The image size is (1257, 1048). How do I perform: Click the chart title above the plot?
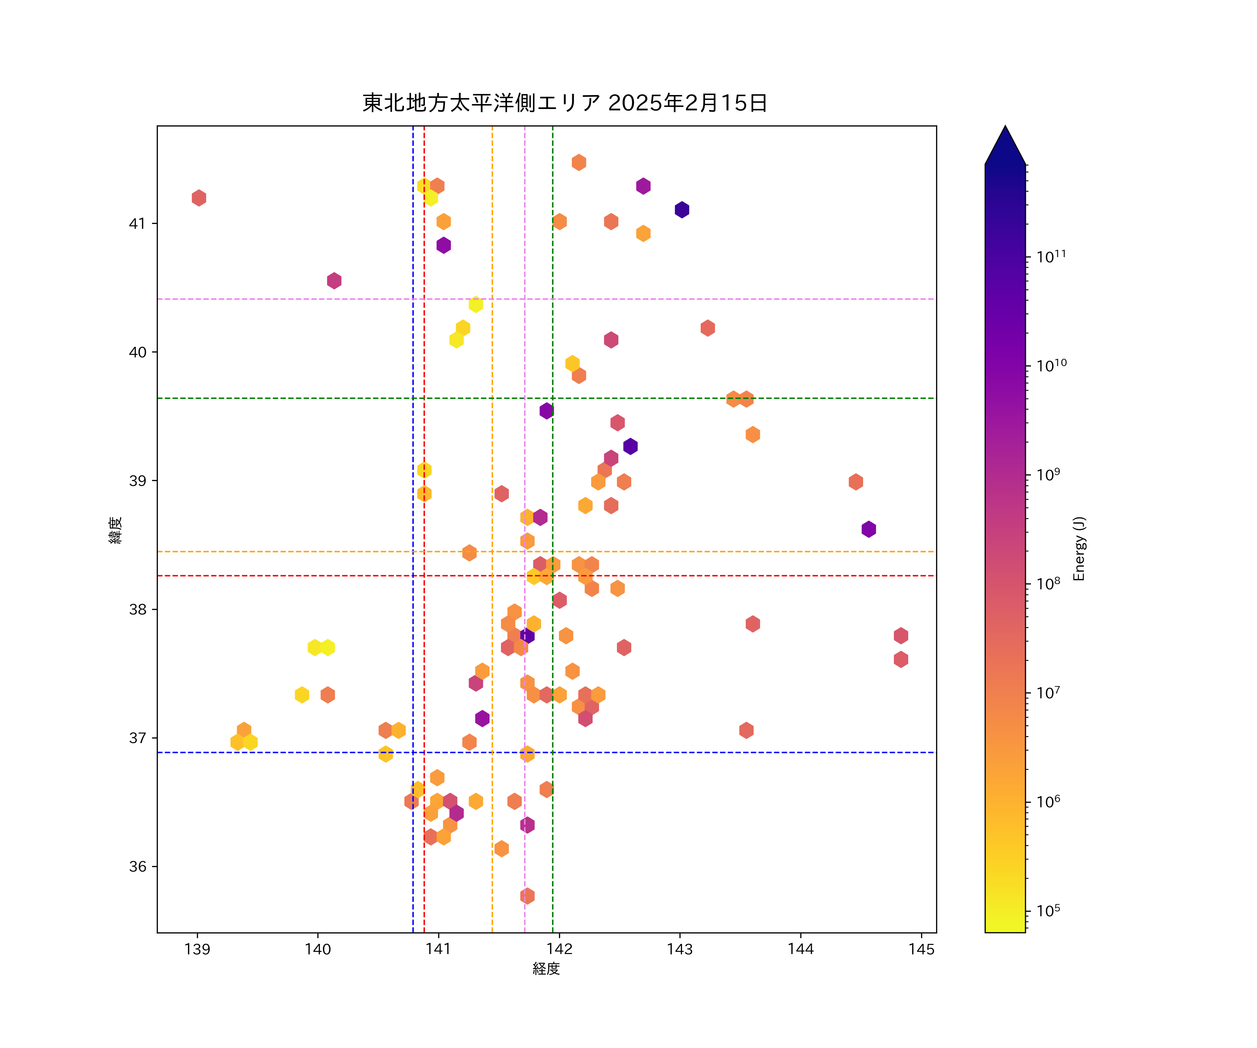coord(565,103)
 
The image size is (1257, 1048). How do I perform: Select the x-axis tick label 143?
coord(679,949)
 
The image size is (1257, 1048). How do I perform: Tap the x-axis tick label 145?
coord(921,949)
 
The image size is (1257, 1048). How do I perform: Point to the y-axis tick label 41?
coord(137,223)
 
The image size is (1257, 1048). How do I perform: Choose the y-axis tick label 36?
coord(137,867)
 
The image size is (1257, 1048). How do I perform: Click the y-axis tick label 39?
coord(137,481)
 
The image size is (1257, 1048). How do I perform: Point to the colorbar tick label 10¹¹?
coord(1051,257)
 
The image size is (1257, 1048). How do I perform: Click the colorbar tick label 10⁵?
coord(1048,911)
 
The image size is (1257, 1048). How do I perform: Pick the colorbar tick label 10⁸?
coord(1048,583)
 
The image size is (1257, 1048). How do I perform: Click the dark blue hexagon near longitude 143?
coord(682,210)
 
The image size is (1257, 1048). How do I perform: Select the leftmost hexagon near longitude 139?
coord(199,198)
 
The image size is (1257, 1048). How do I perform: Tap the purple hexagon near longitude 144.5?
coord(868,529)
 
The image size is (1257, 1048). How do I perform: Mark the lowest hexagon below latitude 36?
coord(527,896)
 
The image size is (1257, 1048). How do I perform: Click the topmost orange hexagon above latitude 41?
coord(579,162)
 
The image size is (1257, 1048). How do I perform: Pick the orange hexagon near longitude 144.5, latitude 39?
coord(856,481)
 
